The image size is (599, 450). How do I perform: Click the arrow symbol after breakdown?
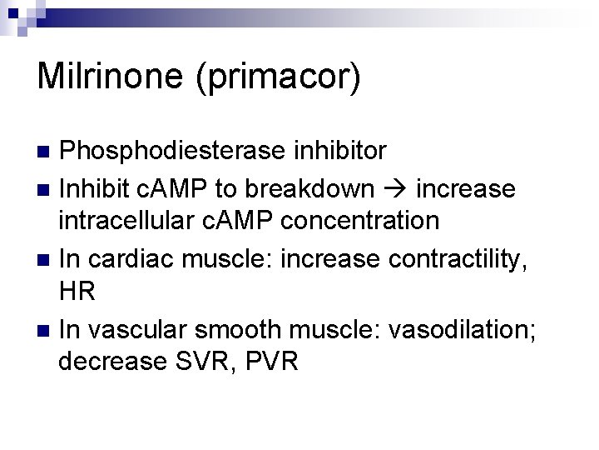click(394, 189)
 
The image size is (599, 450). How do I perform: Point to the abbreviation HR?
click(77, 292)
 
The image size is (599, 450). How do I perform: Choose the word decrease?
click(110, 362)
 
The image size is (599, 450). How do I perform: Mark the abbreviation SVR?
click(199, 362)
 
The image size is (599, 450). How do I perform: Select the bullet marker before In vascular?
click(46, 330)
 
